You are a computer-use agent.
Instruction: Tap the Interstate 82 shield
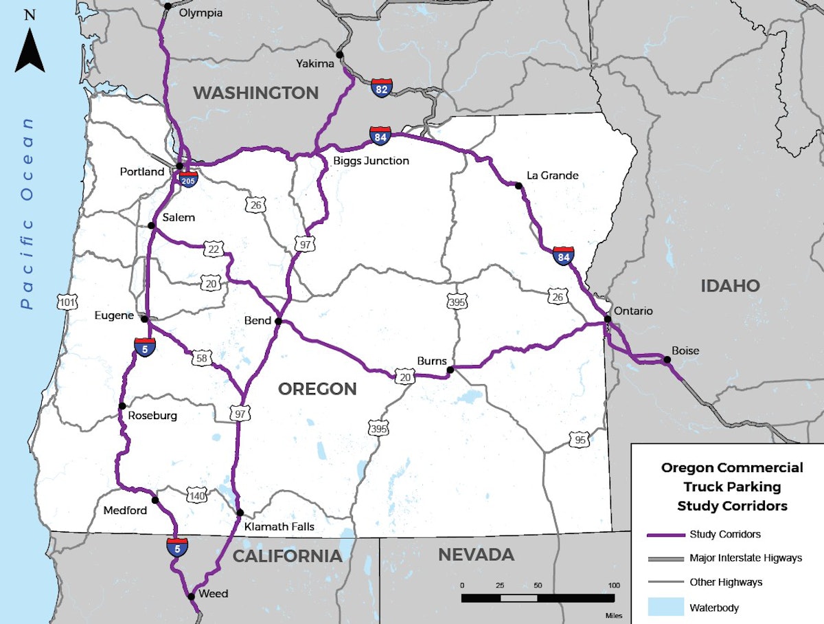pos(382,87)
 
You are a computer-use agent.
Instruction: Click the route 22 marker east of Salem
pos(213,249)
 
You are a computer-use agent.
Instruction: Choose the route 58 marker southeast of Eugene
pos(202,357)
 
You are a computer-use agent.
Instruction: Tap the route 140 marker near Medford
pos(196,495)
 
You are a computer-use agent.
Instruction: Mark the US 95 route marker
pos(580,439)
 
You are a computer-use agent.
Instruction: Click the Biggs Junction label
pos(371,161)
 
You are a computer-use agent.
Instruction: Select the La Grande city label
pos(552,175)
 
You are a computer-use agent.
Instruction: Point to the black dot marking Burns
pos(450,370)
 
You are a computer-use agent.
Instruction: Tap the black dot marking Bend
pos(278,321)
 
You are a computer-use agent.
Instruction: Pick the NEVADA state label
pos(476,555)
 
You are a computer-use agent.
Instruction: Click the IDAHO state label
pos(730,285)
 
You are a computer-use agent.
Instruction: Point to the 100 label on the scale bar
pos(609,585)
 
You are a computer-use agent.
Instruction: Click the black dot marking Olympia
pos(168,6)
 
